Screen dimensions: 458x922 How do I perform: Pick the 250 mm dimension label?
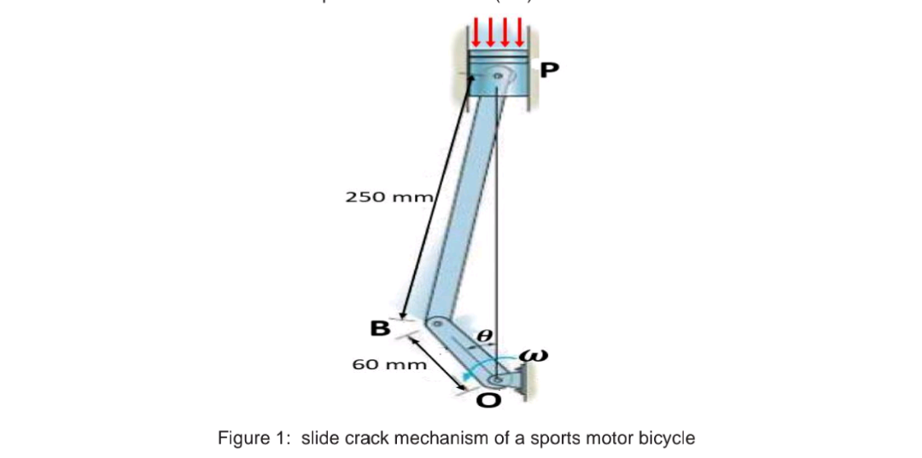click(390, 197)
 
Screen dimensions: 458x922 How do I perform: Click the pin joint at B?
click(435, 325)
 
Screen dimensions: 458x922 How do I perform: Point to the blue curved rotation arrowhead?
click(466, 375)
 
